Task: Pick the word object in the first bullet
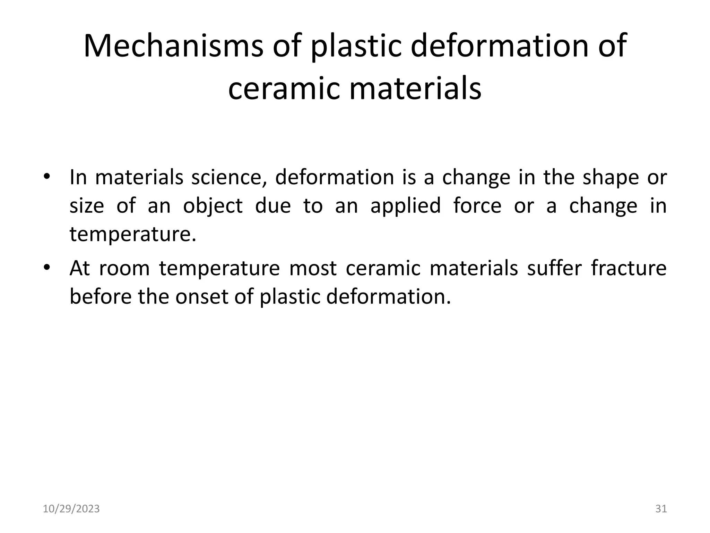coord(213,206)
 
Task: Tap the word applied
coord(406,206)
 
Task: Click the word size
coord(87,206)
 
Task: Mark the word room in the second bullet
coord(124,268)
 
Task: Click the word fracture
coord(629,268)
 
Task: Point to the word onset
coord(201,297)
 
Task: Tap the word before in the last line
coord(101,297)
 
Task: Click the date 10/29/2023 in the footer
coord(71,509)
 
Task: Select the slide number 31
coord(661,509)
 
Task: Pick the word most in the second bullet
coord(313,268)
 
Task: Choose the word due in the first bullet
coord(273,205)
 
